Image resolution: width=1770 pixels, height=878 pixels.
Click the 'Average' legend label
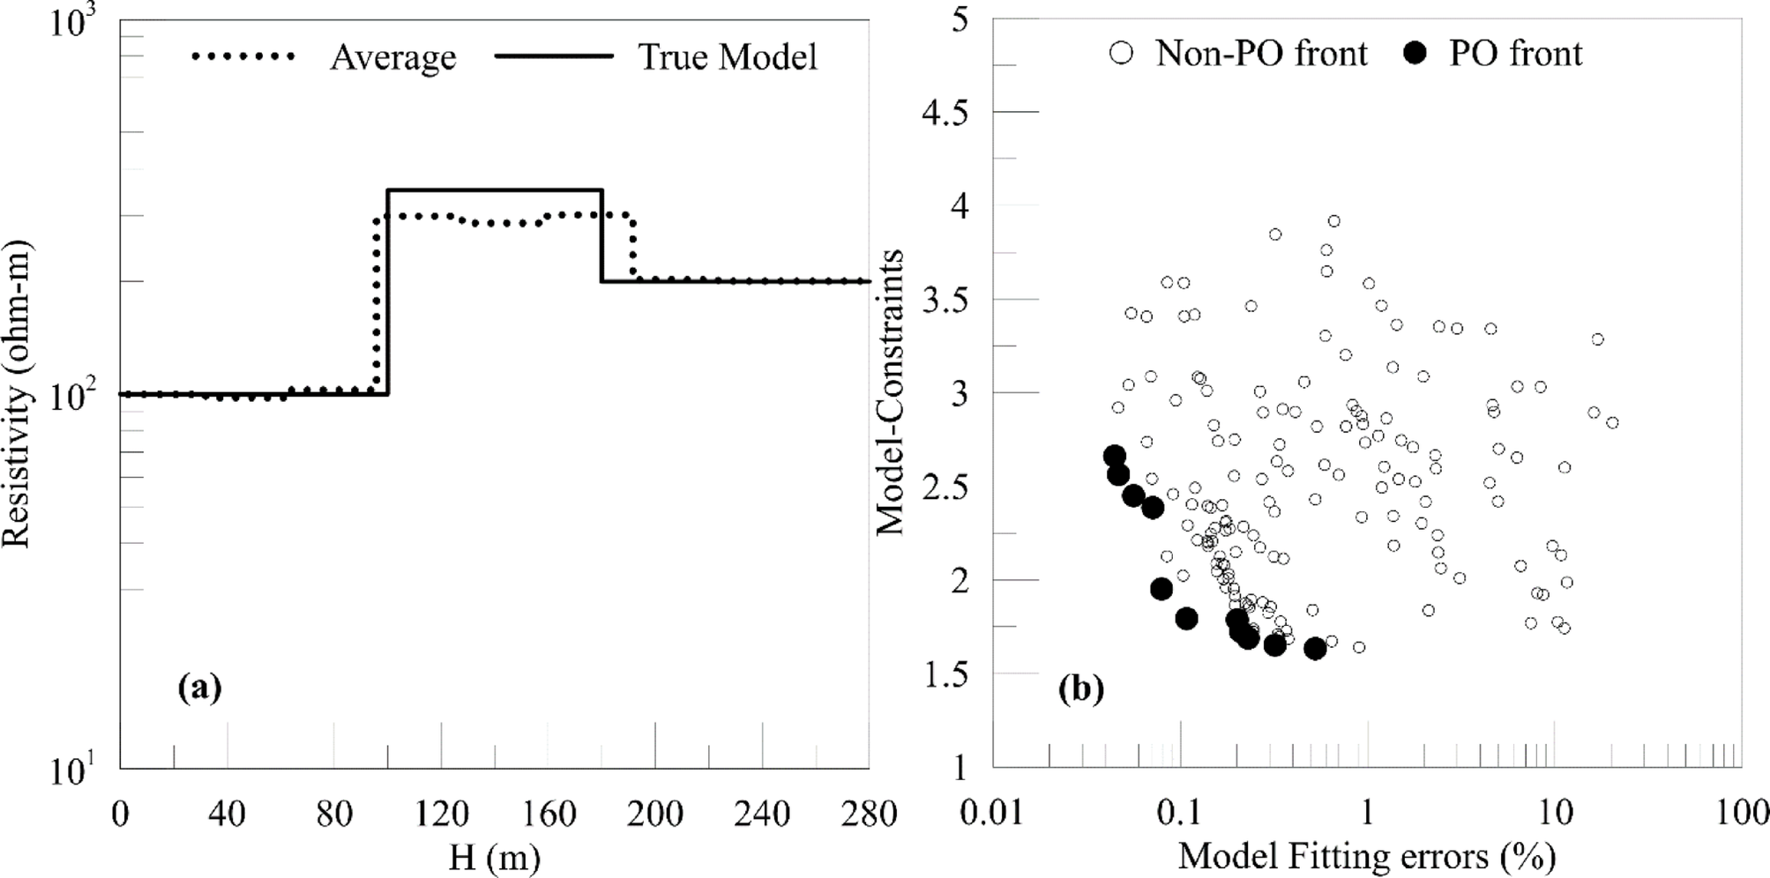tap(393, 57)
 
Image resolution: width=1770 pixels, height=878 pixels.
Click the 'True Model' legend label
tap(728, 57)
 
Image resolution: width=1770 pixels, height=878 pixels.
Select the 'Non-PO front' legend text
tap(1261, 54)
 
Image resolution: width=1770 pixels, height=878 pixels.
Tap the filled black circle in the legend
tap(1415, 54)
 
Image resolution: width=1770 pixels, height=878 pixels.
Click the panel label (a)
tap(199, 687)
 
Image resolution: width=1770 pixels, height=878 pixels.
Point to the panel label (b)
tap(1081, 688)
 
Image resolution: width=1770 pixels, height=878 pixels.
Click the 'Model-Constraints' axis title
tap(891, 392)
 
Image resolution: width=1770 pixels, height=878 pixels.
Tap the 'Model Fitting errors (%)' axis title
tap(1366, 856)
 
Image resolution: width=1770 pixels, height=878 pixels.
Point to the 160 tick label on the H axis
tap(549, 814)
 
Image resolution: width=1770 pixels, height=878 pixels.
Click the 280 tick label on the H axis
tap(870, 814)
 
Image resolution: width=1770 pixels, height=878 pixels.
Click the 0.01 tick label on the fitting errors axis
tap(993, 814)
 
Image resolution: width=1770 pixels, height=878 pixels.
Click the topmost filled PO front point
tap(1115, 456)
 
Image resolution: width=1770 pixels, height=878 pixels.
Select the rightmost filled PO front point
tap(1315, 649)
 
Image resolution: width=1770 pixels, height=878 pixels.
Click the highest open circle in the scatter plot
tap(1334, 221)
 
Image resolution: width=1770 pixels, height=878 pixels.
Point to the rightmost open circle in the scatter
tap(1612, 423)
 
